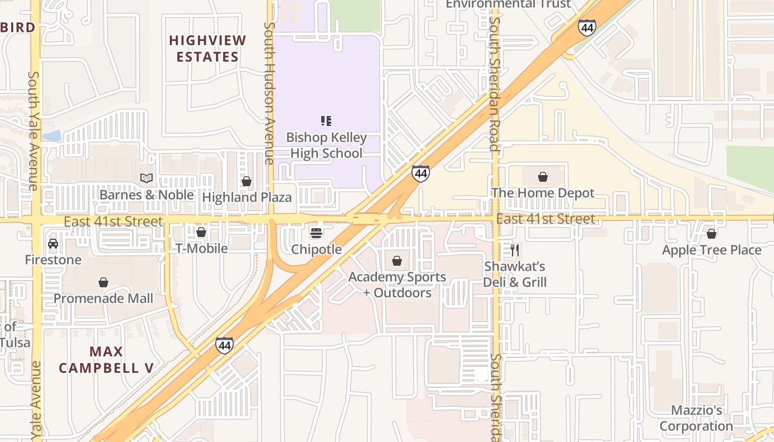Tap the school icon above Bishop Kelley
click(326, 120)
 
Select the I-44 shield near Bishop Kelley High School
click(421, 173)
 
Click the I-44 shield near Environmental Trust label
click(587, 28)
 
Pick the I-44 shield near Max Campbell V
click(224, 345)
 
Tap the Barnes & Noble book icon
click(146, 178)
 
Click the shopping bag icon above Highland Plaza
click(247, 181)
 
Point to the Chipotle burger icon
click(316, 233)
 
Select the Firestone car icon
click(53, 244)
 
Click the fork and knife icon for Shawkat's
click(515, 250)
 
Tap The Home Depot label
click(543, 193)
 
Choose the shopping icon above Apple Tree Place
click(712, 234)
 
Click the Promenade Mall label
click(103, 298)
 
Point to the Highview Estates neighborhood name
click(207, 49)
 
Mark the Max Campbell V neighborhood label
click(106, 360)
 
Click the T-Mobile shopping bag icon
click(201, 232)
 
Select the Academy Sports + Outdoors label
click(397, 285)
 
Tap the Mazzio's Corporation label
click(696, 418)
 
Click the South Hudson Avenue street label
click(269, 93)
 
